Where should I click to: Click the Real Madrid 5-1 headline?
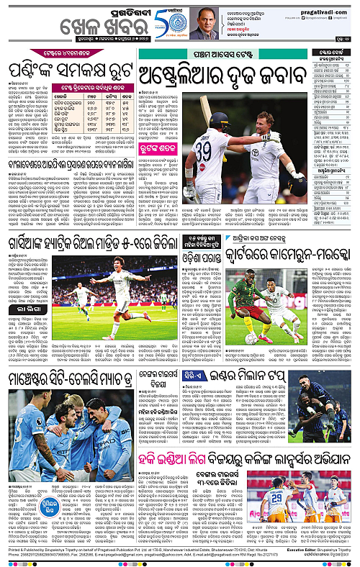[x=90, y=245]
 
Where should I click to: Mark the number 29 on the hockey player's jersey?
[x=276, y=496]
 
